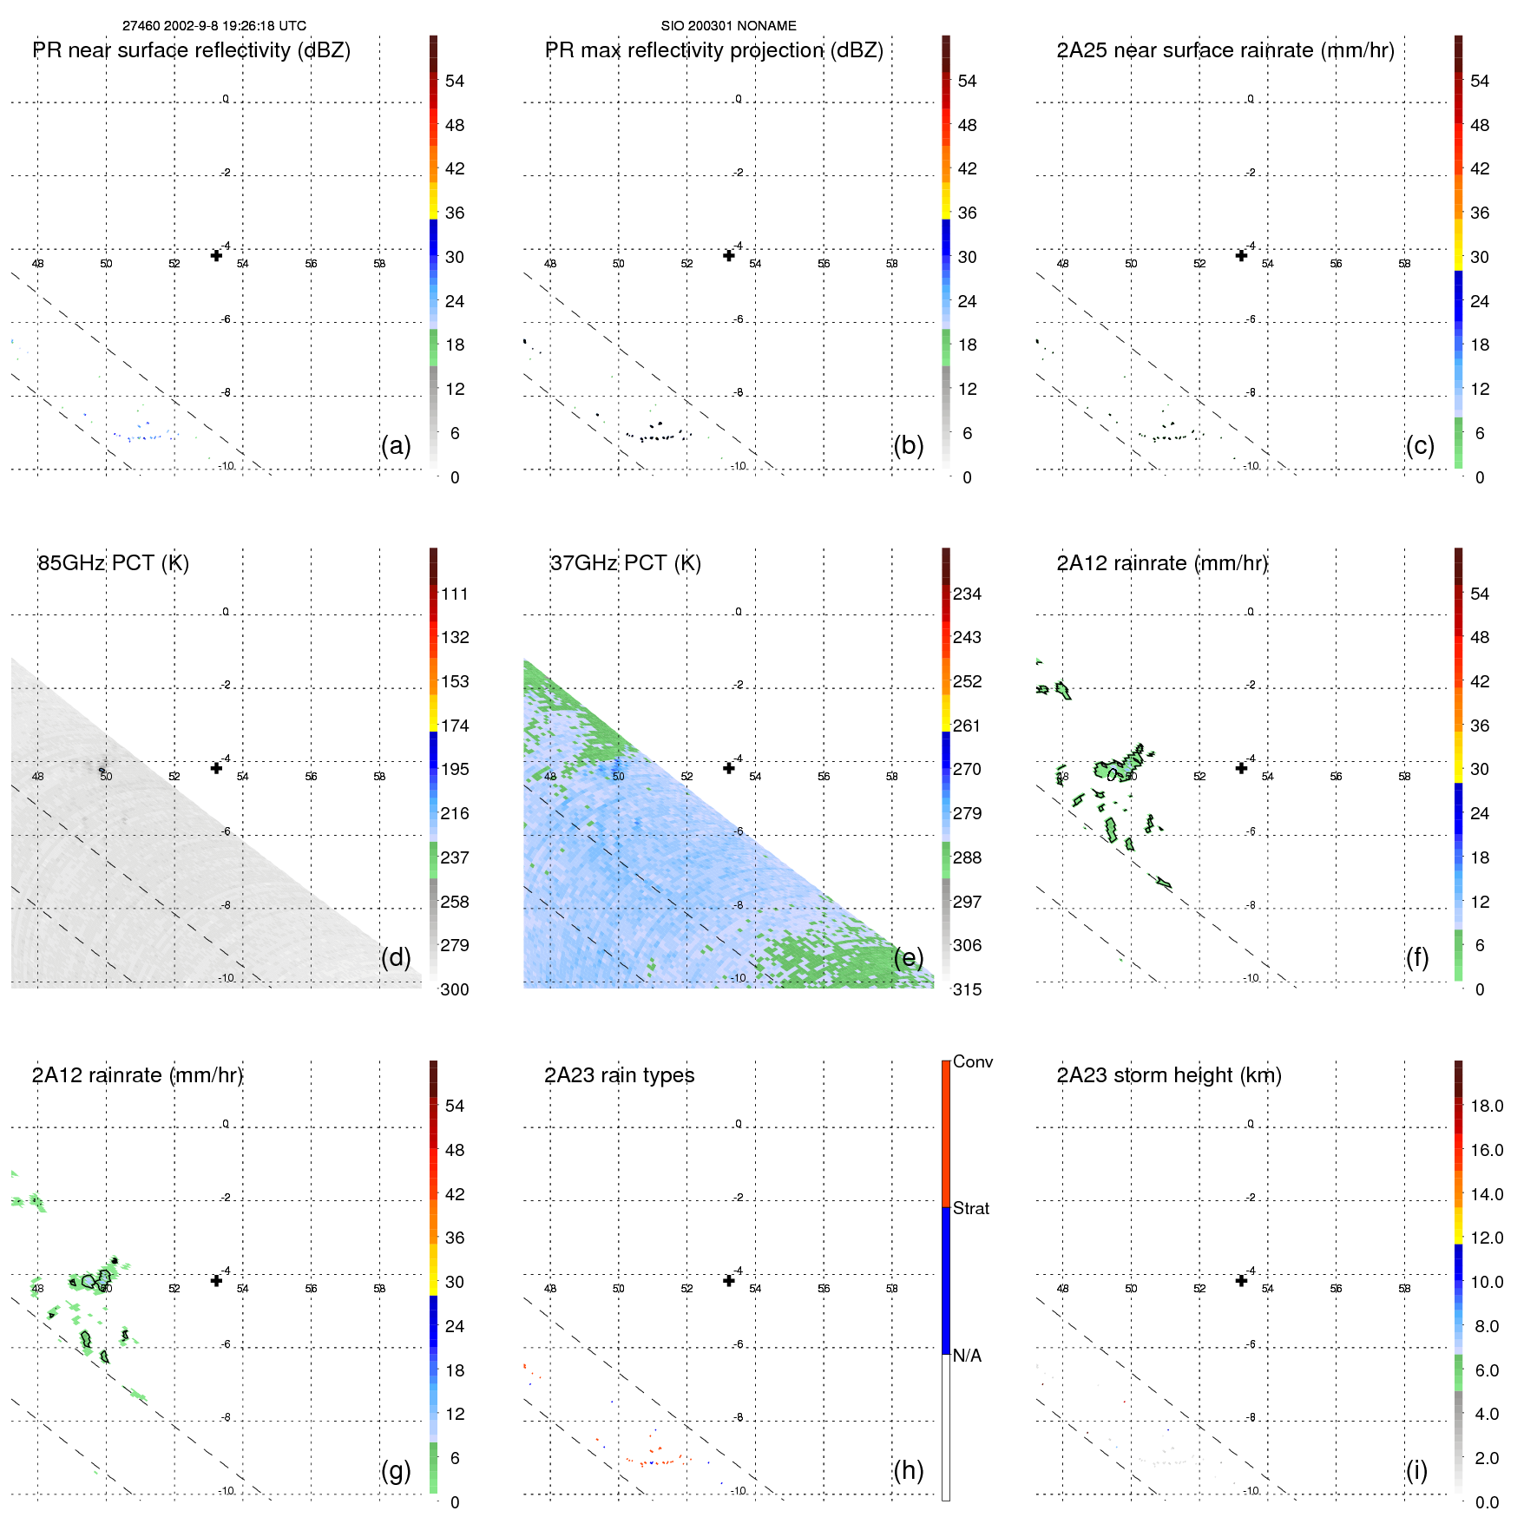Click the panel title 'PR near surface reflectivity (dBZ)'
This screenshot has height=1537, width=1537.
tap(192, 50)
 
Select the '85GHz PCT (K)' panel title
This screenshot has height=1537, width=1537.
tap(114, 563)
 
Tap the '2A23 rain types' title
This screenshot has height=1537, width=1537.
tap(620, 1075)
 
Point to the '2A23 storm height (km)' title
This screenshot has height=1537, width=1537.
tap(1169, 1075)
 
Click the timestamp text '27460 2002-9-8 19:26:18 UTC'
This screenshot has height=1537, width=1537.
tap(214, 26)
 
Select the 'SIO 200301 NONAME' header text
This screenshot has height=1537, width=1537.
tap(728, 26)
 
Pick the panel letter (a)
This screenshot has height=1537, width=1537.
tap(396, 446)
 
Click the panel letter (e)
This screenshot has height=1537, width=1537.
tap(909, 958)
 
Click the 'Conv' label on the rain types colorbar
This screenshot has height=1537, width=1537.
tap(973, 1062)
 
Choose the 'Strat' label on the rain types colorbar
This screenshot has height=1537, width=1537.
tap(971, 1209)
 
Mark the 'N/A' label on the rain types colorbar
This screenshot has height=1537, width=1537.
tap(968, 1356)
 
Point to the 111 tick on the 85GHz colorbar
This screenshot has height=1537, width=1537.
tap(455, 594)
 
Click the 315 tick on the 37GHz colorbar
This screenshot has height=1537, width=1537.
tap(967, 990)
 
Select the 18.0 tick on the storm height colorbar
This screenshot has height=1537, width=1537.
tap(1487, 1107)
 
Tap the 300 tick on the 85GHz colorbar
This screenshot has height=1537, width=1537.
tap(455, 990)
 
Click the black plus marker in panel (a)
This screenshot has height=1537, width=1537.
tap(216, 255)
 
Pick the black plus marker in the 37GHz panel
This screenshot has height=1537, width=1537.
tap(729, 768)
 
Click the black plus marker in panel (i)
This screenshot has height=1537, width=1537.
tap(1241, 1280)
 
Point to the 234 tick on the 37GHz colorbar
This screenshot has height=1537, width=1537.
tap(967, 594)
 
